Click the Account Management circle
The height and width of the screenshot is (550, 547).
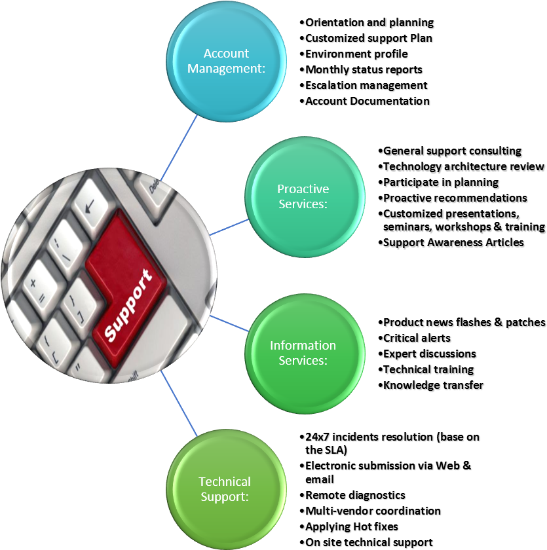tap(226, 61)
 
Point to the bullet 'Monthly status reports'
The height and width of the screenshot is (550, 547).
tap(364, 69)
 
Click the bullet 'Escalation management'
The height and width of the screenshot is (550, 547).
tap(367, 85)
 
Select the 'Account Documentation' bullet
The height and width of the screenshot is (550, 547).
tap(368, 101)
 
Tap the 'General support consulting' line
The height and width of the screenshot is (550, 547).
tap(453, 151)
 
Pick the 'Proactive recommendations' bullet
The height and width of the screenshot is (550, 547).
tap(455, 198)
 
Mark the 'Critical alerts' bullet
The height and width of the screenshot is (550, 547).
tap(417, 338)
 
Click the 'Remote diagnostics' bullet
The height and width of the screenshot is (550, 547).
tap(356, 495)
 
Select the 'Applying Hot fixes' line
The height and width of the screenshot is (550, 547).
tap(352, 526)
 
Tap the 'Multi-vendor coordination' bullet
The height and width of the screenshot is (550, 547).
tap(373, 511)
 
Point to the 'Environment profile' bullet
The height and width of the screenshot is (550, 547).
tap(357, 54)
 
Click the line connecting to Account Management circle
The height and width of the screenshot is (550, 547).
tap(178, 148)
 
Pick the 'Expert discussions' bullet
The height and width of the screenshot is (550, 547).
tap(430, 354)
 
